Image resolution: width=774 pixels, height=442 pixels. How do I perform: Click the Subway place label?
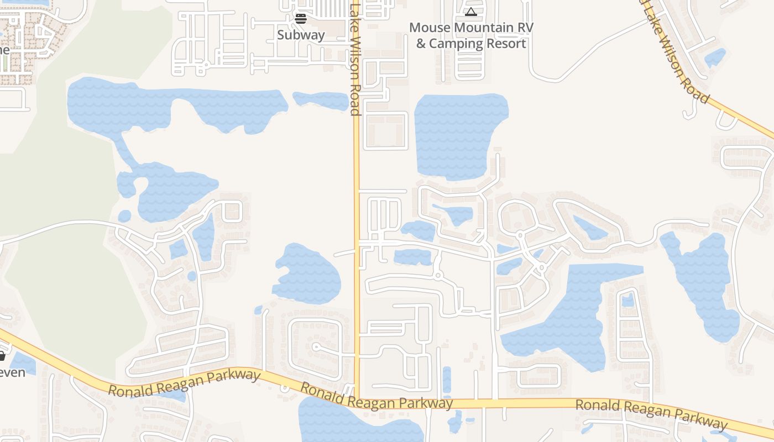pos(301,35)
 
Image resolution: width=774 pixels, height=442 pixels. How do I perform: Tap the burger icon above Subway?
pos(301,19)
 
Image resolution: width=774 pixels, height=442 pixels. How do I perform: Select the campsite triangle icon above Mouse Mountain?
pos(470,12)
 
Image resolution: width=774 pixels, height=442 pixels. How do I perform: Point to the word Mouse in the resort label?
pos(429,27)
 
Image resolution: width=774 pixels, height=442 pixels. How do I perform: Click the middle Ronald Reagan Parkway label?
pos(376,396)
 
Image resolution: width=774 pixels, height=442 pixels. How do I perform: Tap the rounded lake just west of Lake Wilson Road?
pos(307,274)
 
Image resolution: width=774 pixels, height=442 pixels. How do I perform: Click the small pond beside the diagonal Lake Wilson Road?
pos(715,57)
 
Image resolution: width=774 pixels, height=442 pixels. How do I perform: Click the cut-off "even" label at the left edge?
pos(12,372)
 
